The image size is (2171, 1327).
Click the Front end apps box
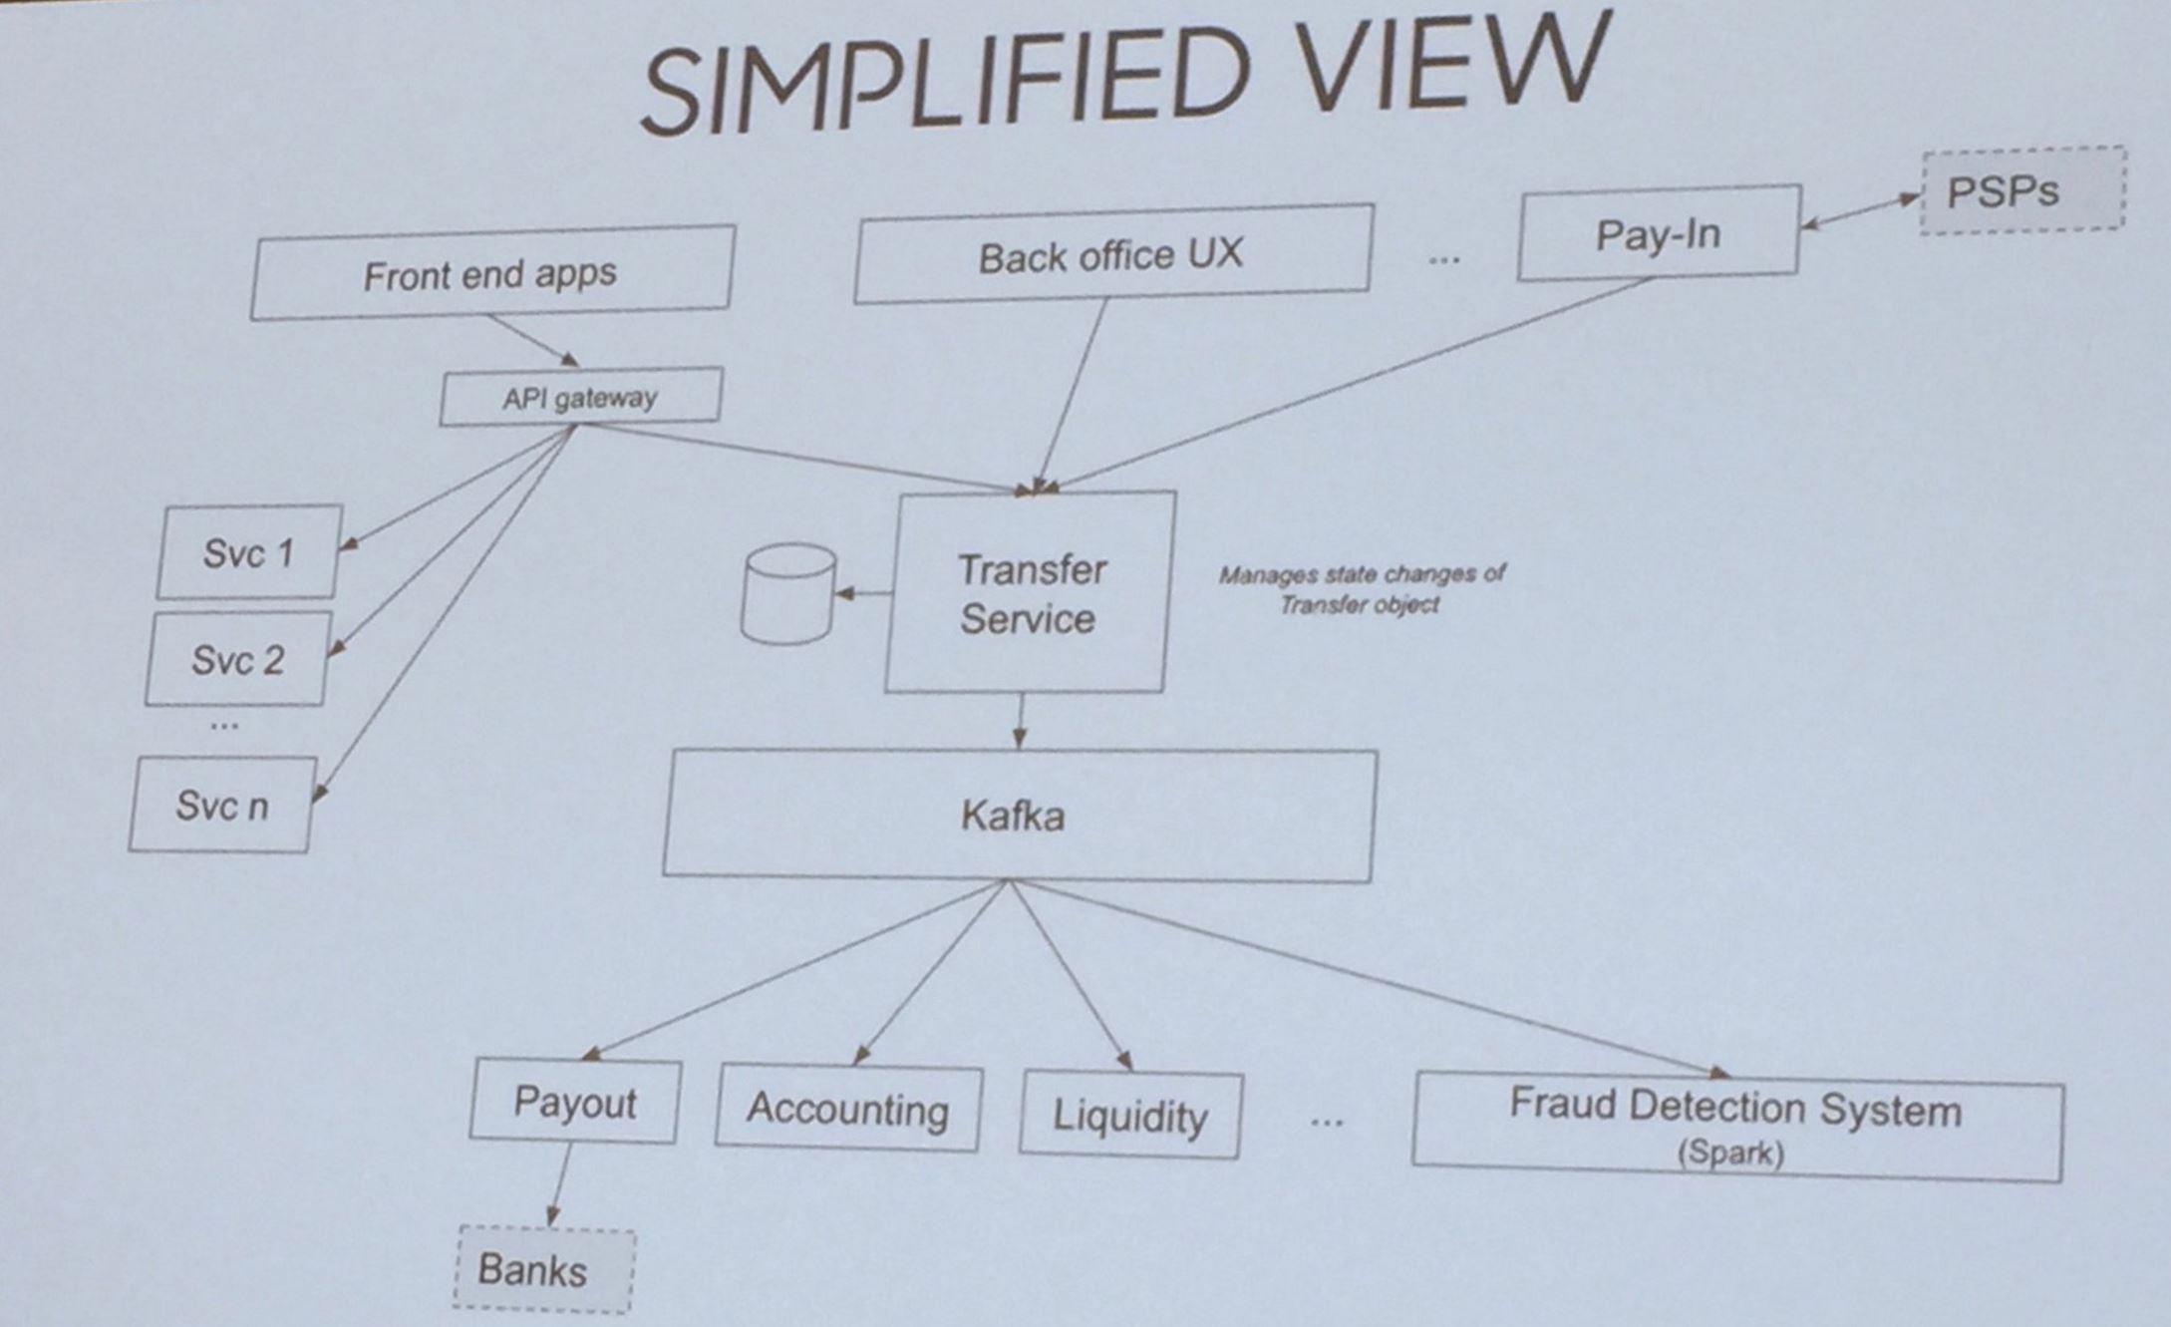point(491,273)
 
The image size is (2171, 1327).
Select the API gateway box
point(580,397)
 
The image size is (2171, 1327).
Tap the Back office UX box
point(1111,254)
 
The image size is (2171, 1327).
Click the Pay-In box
point(1658,232)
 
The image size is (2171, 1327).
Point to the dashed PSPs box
point(2021,190)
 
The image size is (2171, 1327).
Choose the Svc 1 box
point(248,552)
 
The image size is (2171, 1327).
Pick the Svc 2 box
point(237,659)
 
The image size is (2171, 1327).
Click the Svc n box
point(221,805)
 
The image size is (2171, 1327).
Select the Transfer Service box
point(1029,593)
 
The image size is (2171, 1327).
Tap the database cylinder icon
point(788,593)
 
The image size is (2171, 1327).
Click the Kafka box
point(1017,816)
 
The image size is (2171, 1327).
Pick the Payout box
point(575,1102)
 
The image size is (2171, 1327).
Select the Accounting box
point(848,1109)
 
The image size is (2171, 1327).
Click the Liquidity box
point(1130,1116)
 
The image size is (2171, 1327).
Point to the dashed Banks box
point(544,1269)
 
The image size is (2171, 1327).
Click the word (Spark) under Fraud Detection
point(1730,1154)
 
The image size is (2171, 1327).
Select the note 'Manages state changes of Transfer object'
point(1361,588)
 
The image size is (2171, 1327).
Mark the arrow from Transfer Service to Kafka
point(1020,721)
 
